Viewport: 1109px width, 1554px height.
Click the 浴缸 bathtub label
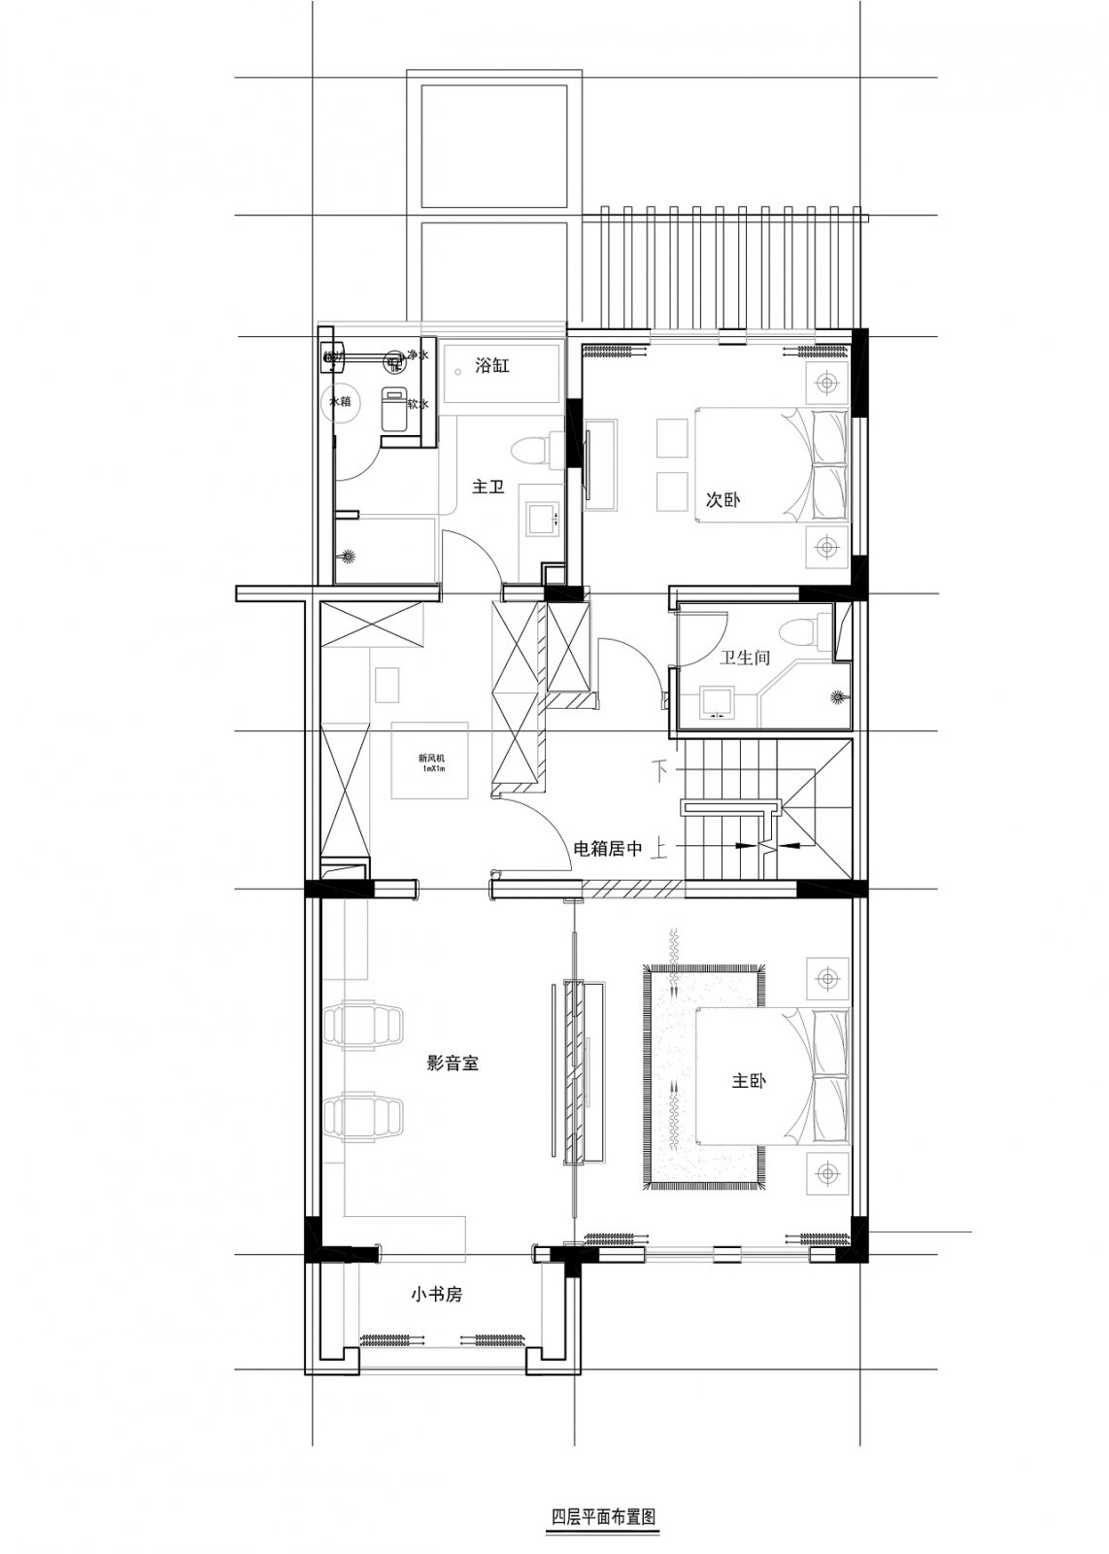click(x=491, y=366)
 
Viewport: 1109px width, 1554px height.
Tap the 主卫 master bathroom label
click(x=487, y=487)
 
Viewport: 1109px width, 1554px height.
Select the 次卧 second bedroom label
click(x=723, y=501)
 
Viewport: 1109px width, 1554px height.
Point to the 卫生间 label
click(x=745, y=658)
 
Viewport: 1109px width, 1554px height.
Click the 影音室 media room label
click(x=453, y=1064)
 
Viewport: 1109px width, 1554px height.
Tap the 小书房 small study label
click(x=436, y=1295)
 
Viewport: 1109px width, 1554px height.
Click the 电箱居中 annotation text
click(x=609, y=849)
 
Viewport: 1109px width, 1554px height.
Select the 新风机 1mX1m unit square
click(x=430, y=760)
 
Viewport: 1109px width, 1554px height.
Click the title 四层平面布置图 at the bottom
click(x=600, y=1516)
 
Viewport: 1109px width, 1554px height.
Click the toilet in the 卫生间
click(x=804, y=632)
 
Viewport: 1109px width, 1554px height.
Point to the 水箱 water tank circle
click(x=340, y=401)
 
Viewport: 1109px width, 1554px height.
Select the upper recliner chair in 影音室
click(x=362, y=1026)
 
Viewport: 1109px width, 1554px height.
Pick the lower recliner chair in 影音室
click(x=362, y=1118)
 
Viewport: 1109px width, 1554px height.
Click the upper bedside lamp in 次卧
click(x=825, y=382)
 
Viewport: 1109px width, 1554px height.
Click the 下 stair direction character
click(x=664, y=772)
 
